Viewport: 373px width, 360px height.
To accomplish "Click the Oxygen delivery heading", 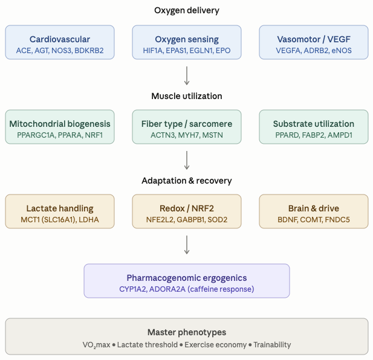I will coord(186,10).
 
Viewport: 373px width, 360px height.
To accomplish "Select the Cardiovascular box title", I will coord(60,39).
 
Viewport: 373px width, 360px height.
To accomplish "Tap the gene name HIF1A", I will coord(151,51).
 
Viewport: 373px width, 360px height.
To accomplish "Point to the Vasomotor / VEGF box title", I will coord(313,39).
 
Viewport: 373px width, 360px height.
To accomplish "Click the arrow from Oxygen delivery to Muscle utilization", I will coord(186,75).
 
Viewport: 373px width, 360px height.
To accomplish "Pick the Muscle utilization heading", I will coord(186,96).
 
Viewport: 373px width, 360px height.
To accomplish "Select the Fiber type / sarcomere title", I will coord(186,124).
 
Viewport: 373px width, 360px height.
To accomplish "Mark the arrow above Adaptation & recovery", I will coord(186,159).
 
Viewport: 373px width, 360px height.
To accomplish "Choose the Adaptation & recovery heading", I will coord(186,181).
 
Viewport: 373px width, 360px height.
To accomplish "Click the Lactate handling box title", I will coord(60,208).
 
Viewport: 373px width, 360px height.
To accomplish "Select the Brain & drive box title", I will coord(313,208).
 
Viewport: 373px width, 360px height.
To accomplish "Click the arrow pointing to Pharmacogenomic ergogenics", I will coord(186,244).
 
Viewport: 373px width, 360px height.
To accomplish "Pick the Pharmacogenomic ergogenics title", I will coord(186,278).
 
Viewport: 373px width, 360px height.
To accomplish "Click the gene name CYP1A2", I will coord(135,289).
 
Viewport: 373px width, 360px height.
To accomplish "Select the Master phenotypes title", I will coord(186,333).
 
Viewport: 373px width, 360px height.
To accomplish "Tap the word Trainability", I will coord(271,345).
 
